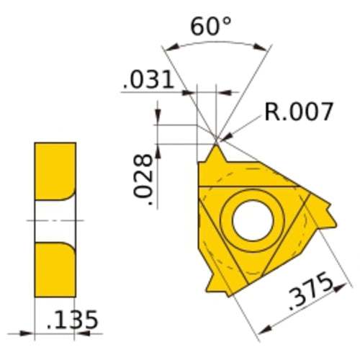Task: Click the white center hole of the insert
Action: click(x=249, y=215)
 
